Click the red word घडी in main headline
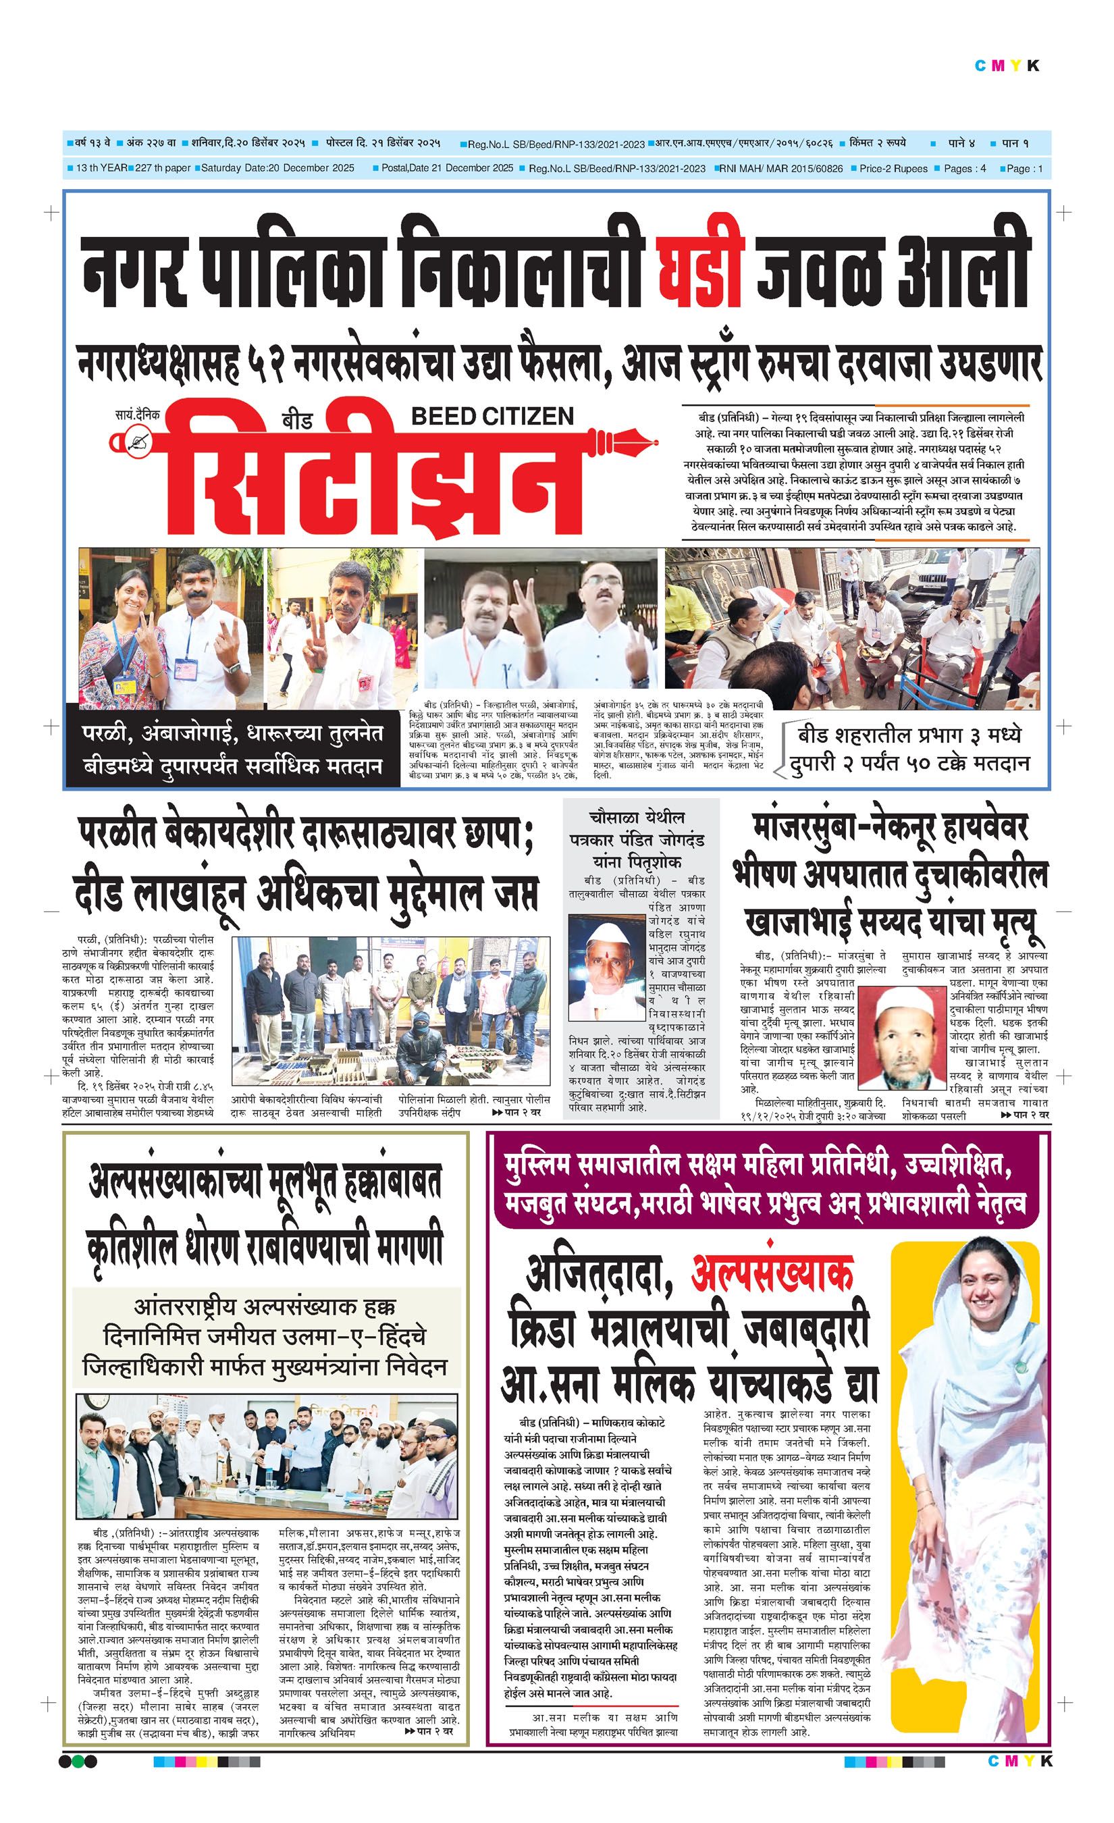click(699, 270)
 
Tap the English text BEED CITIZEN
click(492, 416)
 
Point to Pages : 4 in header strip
click(965, 169)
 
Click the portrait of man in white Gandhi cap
click(605, 966)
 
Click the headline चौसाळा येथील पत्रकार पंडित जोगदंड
click(637, 840)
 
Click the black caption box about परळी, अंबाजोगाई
click(233, 749)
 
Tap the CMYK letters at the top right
click(1007, 65)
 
